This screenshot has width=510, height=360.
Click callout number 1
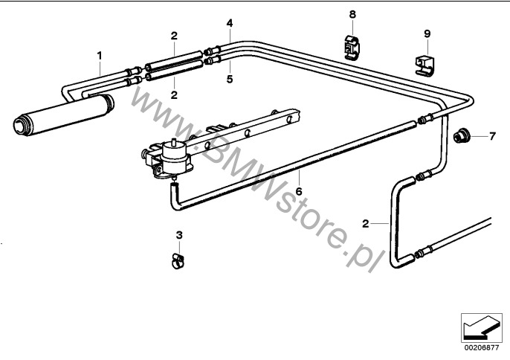click(100, 56)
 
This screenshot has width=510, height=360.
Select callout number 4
click(230, 23)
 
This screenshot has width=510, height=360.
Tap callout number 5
click(230, 79)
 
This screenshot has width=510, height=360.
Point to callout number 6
click(299, 191)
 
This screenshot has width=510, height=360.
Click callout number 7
click(492, 136)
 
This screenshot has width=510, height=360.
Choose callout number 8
click(352, 14)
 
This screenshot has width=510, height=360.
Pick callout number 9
click(427, 33)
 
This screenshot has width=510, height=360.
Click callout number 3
click(179, 235)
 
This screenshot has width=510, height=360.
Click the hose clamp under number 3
click(178, 261)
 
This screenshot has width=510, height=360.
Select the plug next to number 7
click(461, 135)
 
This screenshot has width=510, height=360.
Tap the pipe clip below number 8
click(351, 48)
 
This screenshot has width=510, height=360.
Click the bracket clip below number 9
click(425, 66)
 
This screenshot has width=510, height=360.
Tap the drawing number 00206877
click(482, 347)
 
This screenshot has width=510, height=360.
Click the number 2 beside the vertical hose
click(366, 224)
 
